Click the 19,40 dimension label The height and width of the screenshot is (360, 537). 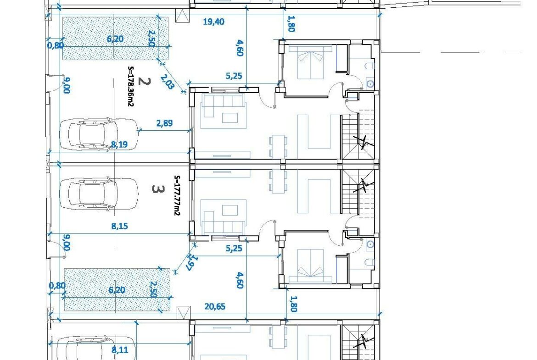tap(213, 22)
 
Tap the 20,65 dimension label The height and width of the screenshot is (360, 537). tap(215, 306)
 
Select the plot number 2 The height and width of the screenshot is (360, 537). tap(144, 82)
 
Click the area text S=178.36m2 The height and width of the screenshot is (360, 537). tap(130, 86)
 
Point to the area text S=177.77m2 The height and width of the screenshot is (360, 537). tap(177, 195)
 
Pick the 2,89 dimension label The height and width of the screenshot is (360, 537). tap(164, 123)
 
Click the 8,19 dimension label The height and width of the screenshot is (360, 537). tap(119, 144)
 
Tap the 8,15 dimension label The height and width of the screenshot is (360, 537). tap(119, 226)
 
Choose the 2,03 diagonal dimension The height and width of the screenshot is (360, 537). tap(168, 82)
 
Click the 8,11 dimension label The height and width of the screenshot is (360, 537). tap(120, 350)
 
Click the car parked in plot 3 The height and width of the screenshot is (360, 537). tap(99, 194)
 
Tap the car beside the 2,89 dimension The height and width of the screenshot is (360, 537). tap(99, 134)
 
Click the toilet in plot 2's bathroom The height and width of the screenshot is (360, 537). tap(369, 66)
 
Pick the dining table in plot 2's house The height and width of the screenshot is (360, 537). tap(278, 146)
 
